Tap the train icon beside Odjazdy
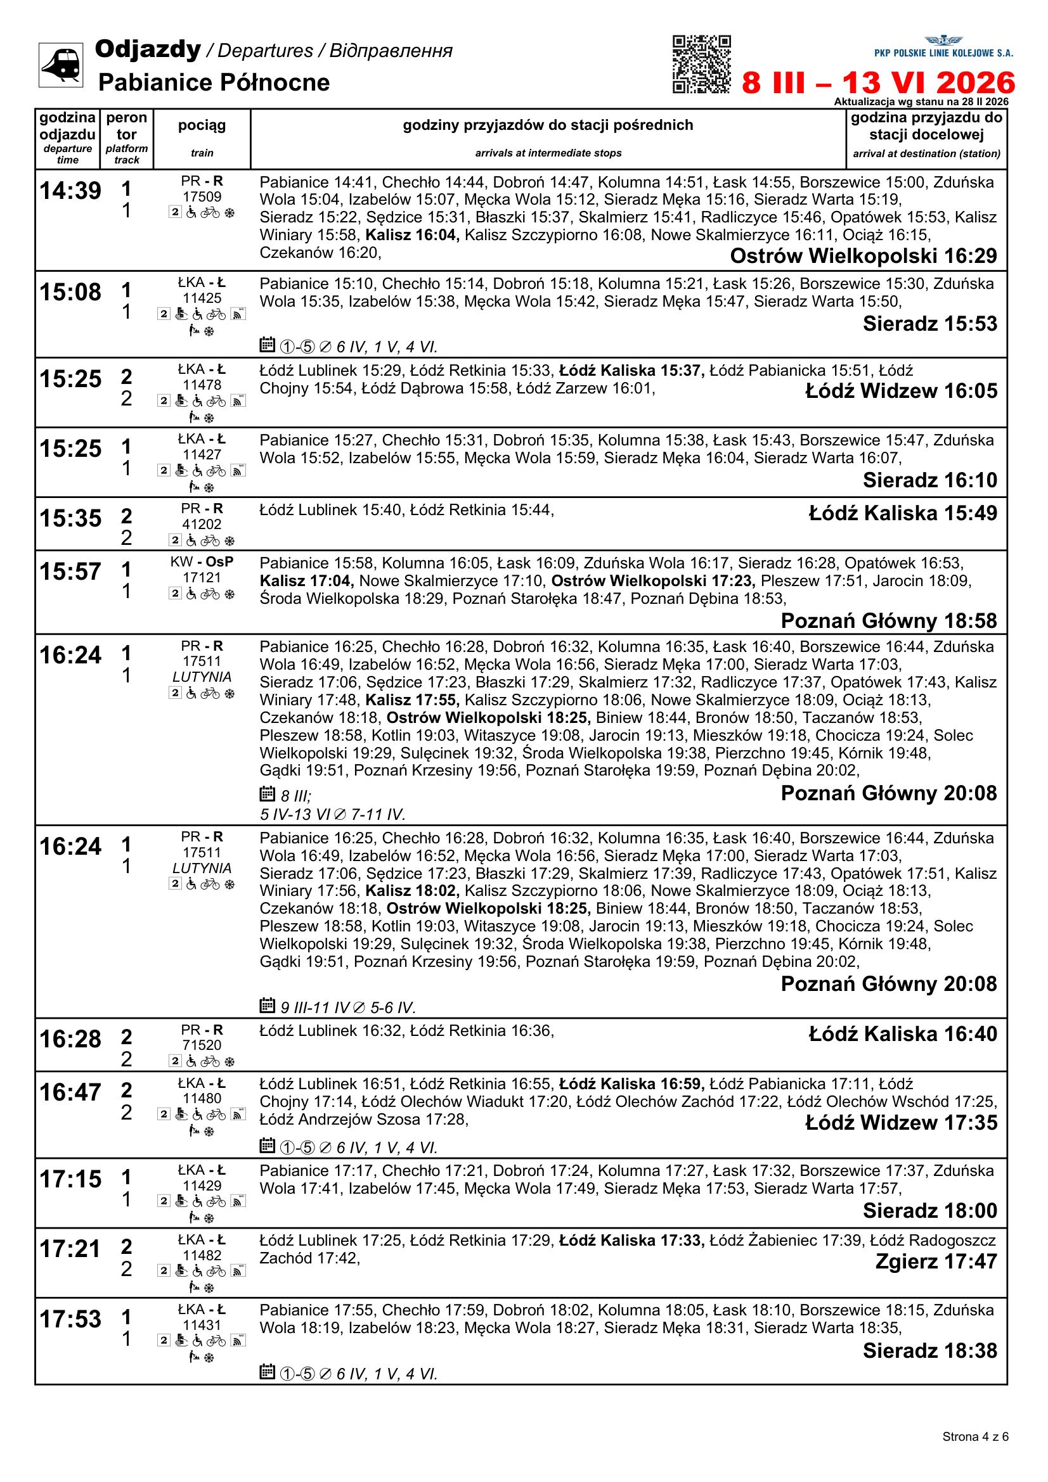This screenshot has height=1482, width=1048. pyautogui.click(x=61, y=65)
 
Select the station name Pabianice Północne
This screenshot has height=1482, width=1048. pyautogui.click(x=214, y=82)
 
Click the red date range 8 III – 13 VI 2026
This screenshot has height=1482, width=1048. pyautogui.click(x=877, y=82)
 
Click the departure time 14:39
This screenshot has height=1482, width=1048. pyautogui.click(x=70, y=191)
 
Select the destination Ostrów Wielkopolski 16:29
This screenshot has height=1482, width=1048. pyautogui.click(x=863, y=256)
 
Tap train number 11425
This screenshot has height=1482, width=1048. pyautogui.click(x=202, y=298)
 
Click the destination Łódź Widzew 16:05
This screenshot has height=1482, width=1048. pyautogui.click(x=901, y=391)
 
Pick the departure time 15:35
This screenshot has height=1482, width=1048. pyautogui.click(x=70, y=518)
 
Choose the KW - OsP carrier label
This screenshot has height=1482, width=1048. pyautogui.click(x=202, y=562)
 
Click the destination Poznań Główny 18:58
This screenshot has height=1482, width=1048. pyautogui.click(x=888, y=621)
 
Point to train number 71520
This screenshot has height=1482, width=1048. pyautogui.click(x=202, y=1045)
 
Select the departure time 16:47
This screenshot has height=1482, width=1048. pyautogui.click(x=70, y=1093)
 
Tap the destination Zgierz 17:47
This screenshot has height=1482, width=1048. pyautogui.click(x=936, y=1262)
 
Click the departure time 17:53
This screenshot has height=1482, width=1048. pyautogui.click(x=70, y=1319)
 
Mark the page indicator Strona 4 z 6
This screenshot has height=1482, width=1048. pyautogui.click(x=974, y=1436)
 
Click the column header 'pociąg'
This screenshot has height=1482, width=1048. pyautogui.click(x=202, y=125)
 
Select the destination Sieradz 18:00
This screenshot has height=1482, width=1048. pyautogui.click(x=930, y=1211)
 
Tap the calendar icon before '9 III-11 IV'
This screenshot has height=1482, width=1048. pyautogui.click(x=268, y=1005)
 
